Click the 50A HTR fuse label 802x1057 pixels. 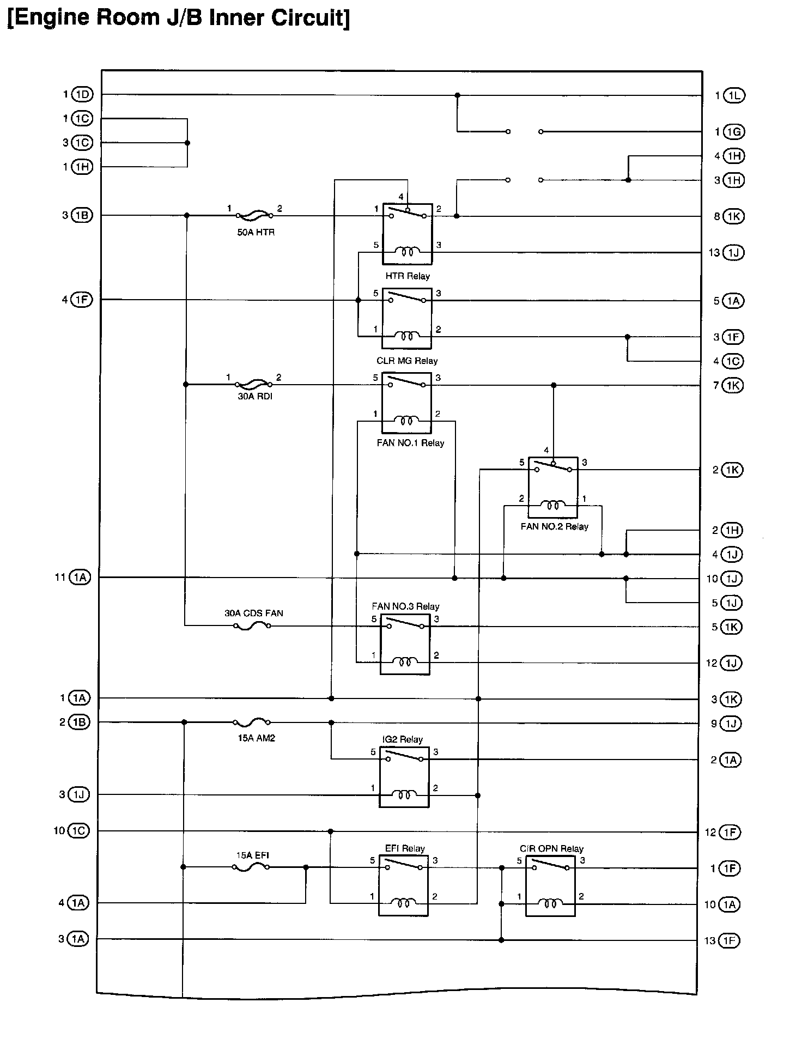[x=256, y=232]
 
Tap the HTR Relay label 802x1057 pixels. [x=408, y=276]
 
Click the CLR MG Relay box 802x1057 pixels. [x=407, y=318]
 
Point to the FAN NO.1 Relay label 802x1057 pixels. [x=410, y=443]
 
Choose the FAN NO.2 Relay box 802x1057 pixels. [x=553, y=487]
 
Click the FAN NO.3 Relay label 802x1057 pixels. [x=405, y=606]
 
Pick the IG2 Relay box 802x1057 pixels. [x=404, y=777]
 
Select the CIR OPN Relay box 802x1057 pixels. [x=550, y=886]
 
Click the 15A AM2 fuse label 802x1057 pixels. [x=256, y=738]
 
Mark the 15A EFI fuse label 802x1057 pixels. [x=252, y=855]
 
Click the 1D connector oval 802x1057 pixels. [x=82, y=95]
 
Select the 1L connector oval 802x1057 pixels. [x=734, y=96]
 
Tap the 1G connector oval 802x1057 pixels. [x=734, y=132]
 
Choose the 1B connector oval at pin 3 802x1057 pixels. [x=82, y=215]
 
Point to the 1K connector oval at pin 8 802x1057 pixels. [x=733, y=216]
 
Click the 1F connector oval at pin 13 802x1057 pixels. [x=730, y=940]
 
